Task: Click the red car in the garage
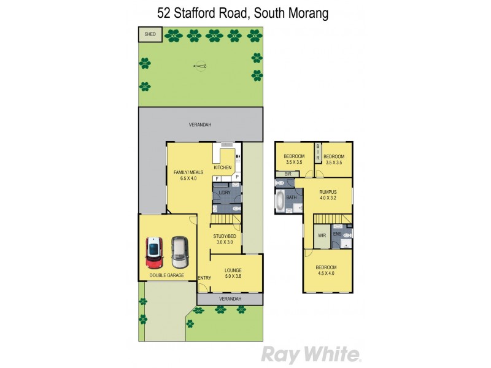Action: coord(153,253)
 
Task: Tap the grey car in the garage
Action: coord(179,252)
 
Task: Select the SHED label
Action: coord(150,35)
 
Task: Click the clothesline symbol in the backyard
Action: coord(199,65)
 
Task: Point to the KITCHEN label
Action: coord(222,167)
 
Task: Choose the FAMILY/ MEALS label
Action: coord(187,172)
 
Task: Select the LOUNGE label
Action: coord(233,270)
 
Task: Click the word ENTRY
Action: coord(205,278)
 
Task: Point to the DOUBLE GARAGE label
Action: coord(167,276)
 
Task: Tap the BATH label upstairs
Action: coord(291,197)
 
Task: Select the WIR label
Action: coord(322,235)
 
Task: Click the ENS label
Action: coord(337,234)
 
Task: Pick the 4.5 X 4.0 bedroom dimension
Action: coord(327,274)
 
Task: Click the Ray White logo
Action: coord(310,354)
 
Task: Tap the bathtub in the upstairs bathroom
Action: coord(280,201)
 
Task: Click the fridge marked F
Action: coord(217,178)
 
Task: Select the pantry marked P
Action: coord(237,177)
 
